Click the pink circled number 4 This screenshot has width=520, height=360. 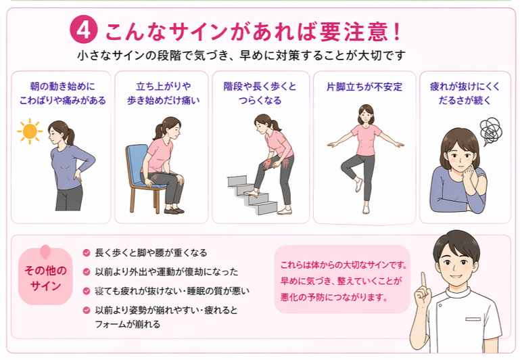tap(83, 30)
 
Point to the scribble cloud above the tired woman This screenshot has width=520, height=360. tap(489, 128)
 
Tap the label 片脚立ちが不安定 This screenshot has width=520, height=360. tap(364, 87)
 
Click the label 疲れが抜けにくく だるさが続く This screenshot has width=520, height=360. tap(464, 93)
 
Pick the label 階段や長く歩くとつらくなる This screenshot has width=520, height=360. tap(260, 93)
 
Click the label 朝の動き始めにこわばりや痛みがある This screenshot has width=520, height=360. tap(64, 93)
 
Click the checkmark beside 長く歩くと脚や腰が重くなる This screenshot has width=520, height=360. tap(86, 252)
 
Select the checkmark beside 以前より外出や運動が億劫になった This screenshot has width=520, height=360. tap(86, 272)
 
